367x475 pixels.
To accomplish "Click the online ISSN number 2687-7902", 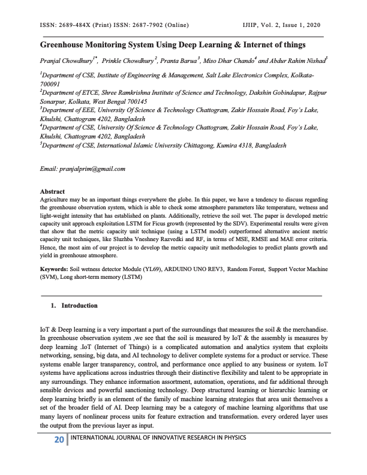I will [146, 25].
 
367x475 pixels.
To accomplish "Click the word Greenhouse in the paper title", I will [66, 45].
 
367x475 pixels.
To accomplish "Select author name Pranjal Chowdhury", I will [68, 61].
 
